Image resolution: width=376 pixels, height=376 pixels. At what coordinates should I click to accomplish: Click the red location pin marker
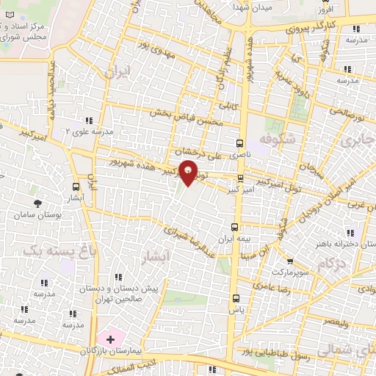pos(189,174)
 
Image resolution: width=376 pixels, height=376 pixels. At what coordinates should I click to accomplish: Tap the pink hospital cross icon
pos(110,339)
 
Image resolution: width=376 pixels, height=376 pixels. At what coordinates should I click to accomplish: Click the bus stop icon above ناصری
pos(239,144)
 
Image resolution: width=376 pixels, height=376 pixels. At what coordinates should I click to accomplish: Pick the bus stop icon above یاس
pos(236,299)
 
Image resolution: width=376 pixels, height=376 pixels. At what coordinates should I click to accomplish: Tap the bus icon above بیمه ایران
pos(234,227)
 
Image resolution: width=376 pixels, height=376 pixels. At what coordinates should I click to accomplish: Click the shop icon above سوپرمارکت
pos(290,261)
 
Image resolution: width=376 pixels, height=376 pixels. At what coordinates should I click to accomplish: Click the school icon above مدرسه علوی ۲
pos(89,120)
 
